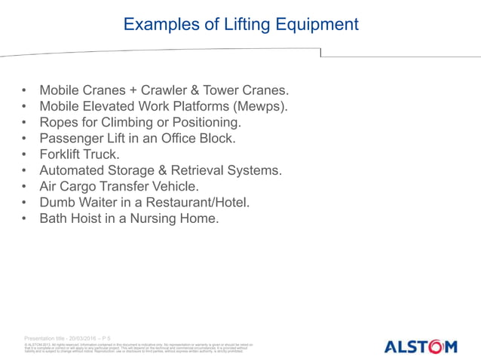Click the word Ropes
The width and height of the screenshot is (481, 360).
coord(60,122)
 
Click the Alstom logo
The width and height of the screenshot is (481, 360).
coord(420,346)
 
